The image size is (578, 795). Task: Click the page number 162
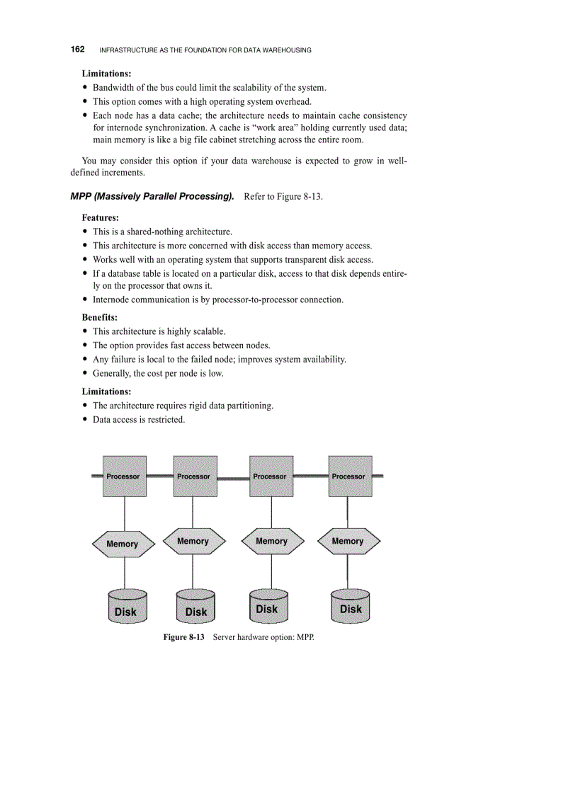point(78,50)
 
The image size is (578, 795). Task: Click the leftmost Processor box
point(125,476)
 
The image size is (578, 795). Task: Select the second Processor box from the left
point(194,476)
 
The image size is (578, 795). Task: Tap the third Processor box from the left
point(271,476)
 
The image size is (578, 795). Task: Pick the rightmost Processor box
point(350,476)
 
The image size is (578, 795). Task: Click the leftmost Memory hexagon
point(123,544)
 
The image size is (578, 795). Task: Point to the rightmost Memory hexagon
point(348,542)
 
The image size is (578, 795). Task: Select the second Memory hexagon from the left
point(193,542)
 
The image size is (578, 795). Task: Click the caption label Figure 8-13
point(183,638)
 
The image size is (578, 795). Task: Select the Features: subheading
point(100,217)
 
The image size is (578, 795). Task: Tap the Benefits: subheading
point(100,317)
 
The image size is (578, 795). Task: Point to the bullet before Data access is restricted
point(86,420)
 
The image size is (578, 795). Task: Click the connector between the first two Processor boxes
point(160,476)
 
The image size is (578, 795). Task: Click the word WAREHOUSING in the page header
point(288,50)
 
